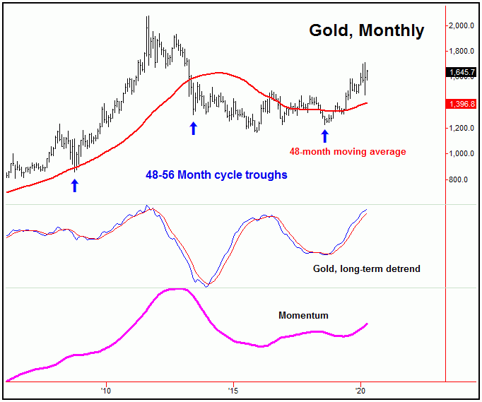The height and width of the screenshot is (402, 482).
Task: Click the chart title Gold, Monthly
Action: (366, 30)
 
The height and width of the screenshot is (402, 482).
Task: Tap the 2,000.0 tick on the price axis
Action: (463, 25)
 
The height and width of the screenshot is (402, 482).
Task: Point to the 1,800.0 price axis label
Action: (463, 52)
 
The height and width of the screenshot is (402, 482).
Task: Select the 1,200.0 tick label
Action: (463, 128)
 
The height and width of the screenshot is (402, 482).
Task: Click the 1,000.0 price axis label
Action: (463, 154)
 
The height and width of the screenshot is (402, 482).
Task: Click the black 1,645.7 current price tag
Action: (462, 71)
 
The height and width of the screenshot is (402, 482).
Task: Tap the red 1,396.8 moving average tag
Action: (462, 103)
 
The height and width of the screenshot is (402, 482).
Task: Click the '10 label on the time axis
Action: (106, 390)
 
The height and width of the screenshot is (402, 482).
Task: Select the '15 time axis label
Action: (233, 390)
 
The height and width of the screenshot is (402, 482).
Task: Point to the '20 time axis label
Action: (360, 390)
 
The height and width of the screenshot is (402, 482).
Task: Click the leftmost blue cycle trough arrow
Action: (74, 185)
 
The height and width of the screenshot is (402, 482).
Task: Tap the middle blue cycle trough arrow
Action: (193, 128)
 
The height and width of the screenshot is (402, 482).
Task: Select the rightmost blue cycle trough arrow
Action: (325, 136)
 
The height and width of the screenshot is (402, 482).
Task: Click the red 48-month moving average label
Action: (348, 151)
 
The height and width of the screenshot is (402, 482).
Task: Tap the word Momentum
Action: (303, 315)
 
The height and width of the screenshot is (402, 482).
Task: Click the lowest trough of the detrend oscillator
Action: (206, 286)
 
